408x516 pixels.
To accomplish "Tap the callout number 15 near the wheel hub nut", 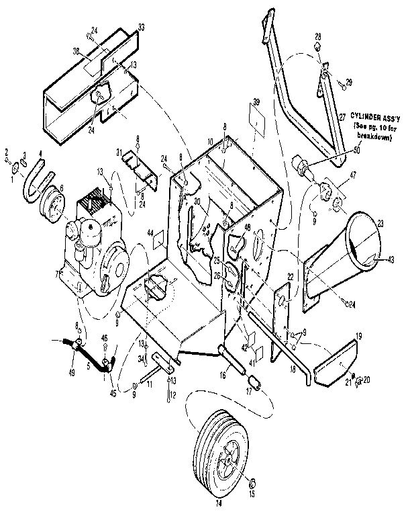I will coord(253,494).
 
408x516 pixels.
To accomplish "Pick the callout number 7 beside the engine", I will coord(57,275).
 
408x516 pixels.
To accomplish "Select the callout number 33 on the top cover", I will coord(141,27).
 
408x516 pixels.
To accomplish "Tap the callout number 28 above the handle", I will coord(318,36).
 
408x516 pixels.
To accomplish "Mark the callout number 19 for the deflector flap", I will coord(359,334).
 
